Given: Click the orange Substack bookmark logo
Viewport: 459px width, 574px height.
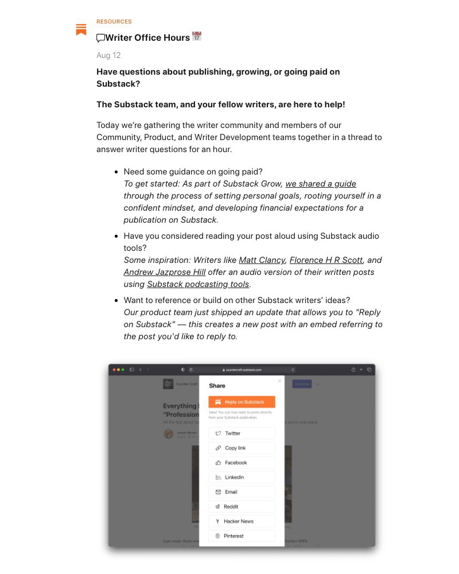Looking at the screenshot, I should [81, 29].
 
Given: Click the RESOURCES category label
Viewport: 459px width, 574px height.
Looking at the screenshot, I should [114, 22].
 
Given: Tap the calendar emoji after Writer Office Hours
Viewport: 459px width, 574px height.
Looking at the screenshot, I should [196, 37].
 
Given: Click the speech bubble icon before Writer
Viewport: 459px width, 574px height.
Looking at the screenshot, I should [101, 38].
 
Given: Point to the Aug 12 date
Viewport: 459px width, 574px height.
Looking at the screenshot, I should [108, 55].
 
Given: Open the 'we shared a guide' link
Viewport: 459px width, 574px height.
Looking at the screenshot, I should [321, 184].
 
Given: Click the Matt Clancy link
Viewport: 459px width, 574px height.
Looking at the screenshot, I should [262, 260].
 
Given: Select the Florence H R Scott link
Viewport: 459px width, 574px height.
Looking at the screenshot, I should [326, 260].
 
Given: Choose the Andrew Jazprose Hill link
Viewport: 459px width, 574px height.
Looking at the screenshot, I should [165, 272].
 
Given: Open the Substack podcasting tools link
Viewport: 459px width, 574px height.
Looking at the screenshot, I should [198, 284].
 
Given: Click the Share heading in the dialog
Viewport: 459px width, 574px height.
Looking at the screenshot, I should [217, 386].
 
